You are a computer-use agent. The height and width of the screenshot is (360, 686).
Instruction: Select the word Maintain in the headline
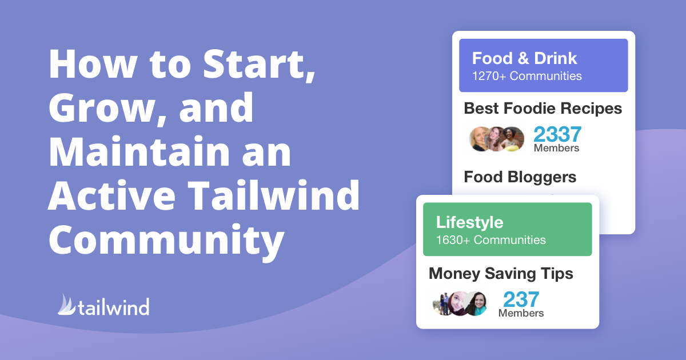[x=139, y=151]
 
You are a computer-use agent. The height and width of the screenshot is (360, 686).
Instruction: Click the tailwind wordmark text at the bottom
[x=114, y=306]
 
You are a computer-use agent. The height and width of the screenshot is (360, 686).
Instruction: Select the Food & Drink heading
[x=524, y=58]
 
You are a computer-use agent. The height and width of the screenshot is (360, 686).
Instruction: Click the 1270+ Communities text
[x=527, y=76]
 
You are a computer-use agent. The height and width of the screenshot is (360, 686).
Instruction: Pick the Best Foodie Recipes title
[x=543, y=109]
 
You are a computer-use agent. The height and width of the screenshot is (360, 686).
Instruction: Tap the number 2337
[x=557, y=134]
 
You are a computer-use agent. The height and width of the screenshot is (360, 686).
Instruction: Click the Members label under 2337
[x=556, y=148]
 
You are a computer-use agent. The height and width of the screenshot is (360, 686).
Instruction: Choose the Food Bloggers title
[x=520, y=177]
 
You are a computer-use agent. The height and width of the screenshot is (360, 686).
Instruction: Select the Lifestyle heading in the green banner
[x=469, y=222]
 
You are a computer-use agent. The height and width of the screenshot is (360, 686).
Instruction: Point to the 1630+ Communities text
[x=491, y=240]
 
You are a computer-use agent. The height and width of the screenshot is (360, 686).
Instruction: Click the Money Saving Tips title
[x=501, y=274]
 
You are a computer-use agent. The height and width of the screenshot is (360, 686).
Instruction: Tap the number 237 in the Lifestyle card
[x=521, y=299]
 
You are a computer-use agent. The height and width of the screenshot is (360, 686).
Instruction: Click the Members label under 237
[x=521, y=313]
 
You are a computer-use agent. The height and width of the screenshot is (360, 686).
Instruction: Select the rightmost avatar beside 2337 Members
[x=512, y=139]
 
